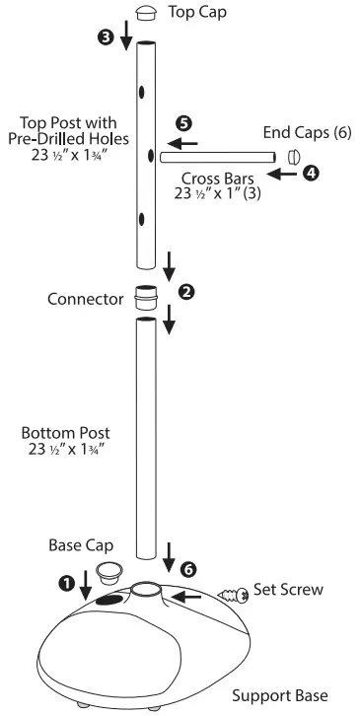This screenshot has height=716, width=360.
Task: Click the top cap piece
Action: pyautogui.click(x=147, y=13)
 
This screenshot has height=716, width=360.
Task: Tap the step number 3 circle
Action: pyautogui.click(x=107, y=37)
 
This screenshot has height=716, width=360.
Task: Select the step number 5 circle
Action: pyautogui.click(x=181, y=123)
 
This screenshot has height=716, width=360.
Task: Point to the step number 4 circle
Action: pyautogui.click(x=311, y=173)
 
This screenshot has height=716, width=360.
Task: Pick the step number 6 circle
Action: pyautogui.click(x=188, y=568)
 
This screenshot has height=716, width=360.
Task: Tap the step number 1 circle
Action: pyautogui.click(x=67, y=582)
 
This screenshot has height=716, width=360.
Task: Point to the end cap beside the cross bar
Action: pyautogui.click(x=293, y=156)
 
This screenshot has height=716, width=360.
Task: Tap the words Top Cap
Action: pyautogui.click(x=195, y=13)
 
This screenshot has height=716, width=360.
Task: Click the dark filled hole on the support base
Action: pyautogui.click(x=111, y=599)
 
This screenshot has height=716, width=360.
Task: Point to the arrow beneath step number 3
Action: pyautogui.click(x=127, y=37)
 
